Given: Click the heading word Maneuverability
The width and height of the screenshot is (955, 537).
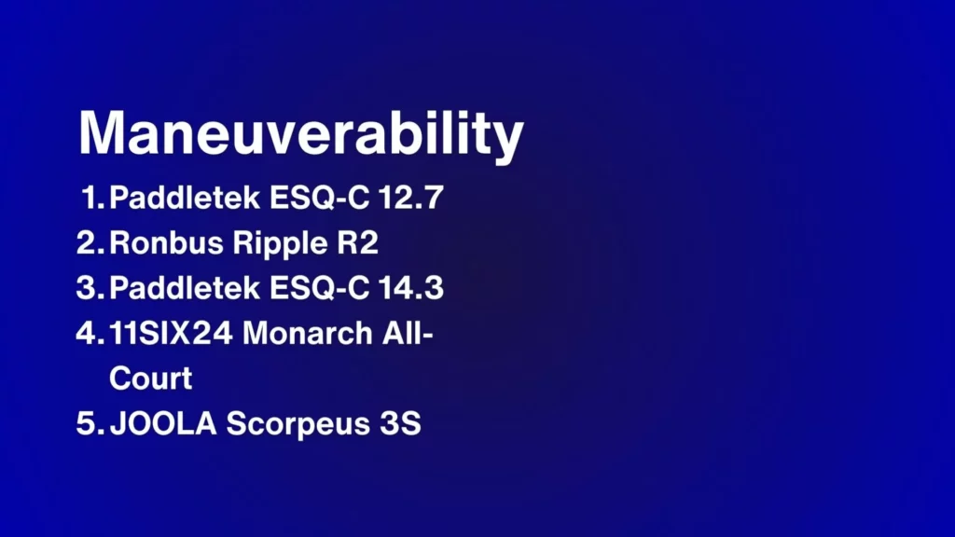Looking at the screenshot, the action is tap(301, 136).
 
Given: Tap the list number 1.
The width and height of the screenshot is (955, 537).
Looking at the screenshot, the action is tap(93, 198).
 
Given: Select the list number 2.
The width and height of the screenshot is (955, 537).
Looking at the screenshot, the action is tap(90, 242).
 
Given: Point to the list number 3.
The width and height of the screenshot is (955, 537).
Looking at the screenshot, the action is tap(90, 287).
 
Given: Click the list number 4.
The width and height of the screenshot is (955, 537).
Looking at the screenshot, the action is tap(90, 333).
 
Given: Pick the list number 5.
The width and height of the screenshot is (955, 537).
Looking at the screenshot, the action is tap(90, 423).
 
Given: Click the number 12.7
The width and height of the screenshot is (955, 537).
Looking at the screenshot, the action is tap(411, 198).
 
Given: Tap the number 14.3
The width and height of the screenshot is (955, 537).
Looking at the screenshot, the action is tap(411, 287).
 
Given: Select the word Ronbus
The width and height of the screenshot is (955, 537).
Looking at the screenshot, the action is tap(166, 242).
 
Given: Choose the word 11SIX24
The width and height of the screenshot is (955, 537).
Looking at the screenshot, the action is tap(172, 333).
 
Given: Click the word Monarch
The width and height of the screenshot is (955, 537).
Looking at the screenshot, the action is tap(308, 333).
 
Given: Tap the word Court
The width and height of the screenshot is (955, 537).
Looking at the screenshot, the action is tap(151, 379).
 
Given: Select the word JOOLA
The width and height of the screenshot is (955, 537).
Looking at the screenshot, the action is tap(163, 423).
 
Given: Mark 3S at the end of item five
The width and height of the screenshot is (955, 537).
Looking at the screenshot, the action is tap(400, 423).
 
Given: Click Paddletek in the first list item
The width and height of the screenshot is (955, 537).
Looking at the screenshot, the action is tap(186, 198).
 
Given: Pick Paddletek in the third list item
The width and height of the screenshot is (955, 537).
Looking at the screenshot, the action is tap(186, 287).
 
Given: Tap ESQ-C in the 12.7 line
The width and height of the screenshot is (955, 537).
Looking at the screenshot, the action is tap(320, 198).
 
